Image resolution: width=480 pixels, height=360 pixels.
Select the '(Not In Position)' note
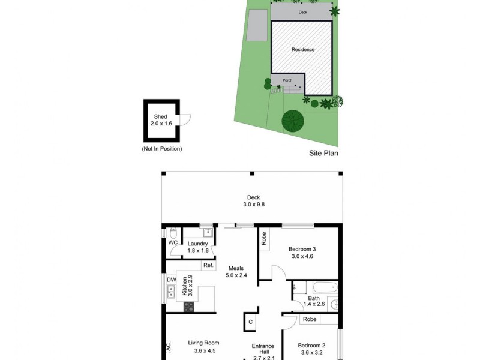[x=161, y=148]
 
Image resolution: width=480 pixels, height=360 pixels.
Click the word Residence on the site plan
[x=302, y=50]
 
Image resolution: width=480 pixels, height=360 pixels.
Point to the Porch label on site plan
[x=287, y=80]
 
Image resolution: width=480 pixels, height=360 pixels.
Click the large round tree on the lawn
[x=293, y=121]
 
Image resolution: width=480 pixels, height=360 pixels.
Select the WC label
[x=173, y=243]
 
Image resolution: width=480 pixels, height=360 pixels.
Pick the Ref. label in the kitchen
[x=208, y=265]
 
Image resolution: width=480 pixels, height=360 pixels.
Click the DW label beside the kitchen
[x=171, y=280]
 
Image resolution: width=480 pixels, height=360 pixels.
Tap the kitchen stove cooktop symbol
[x=189, y=306]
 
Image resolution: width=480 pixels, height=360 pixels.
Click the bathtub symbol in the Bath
[x=316, y=288]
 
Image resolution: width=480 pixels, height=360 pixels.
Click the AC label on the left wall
[x=169, y=347]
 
